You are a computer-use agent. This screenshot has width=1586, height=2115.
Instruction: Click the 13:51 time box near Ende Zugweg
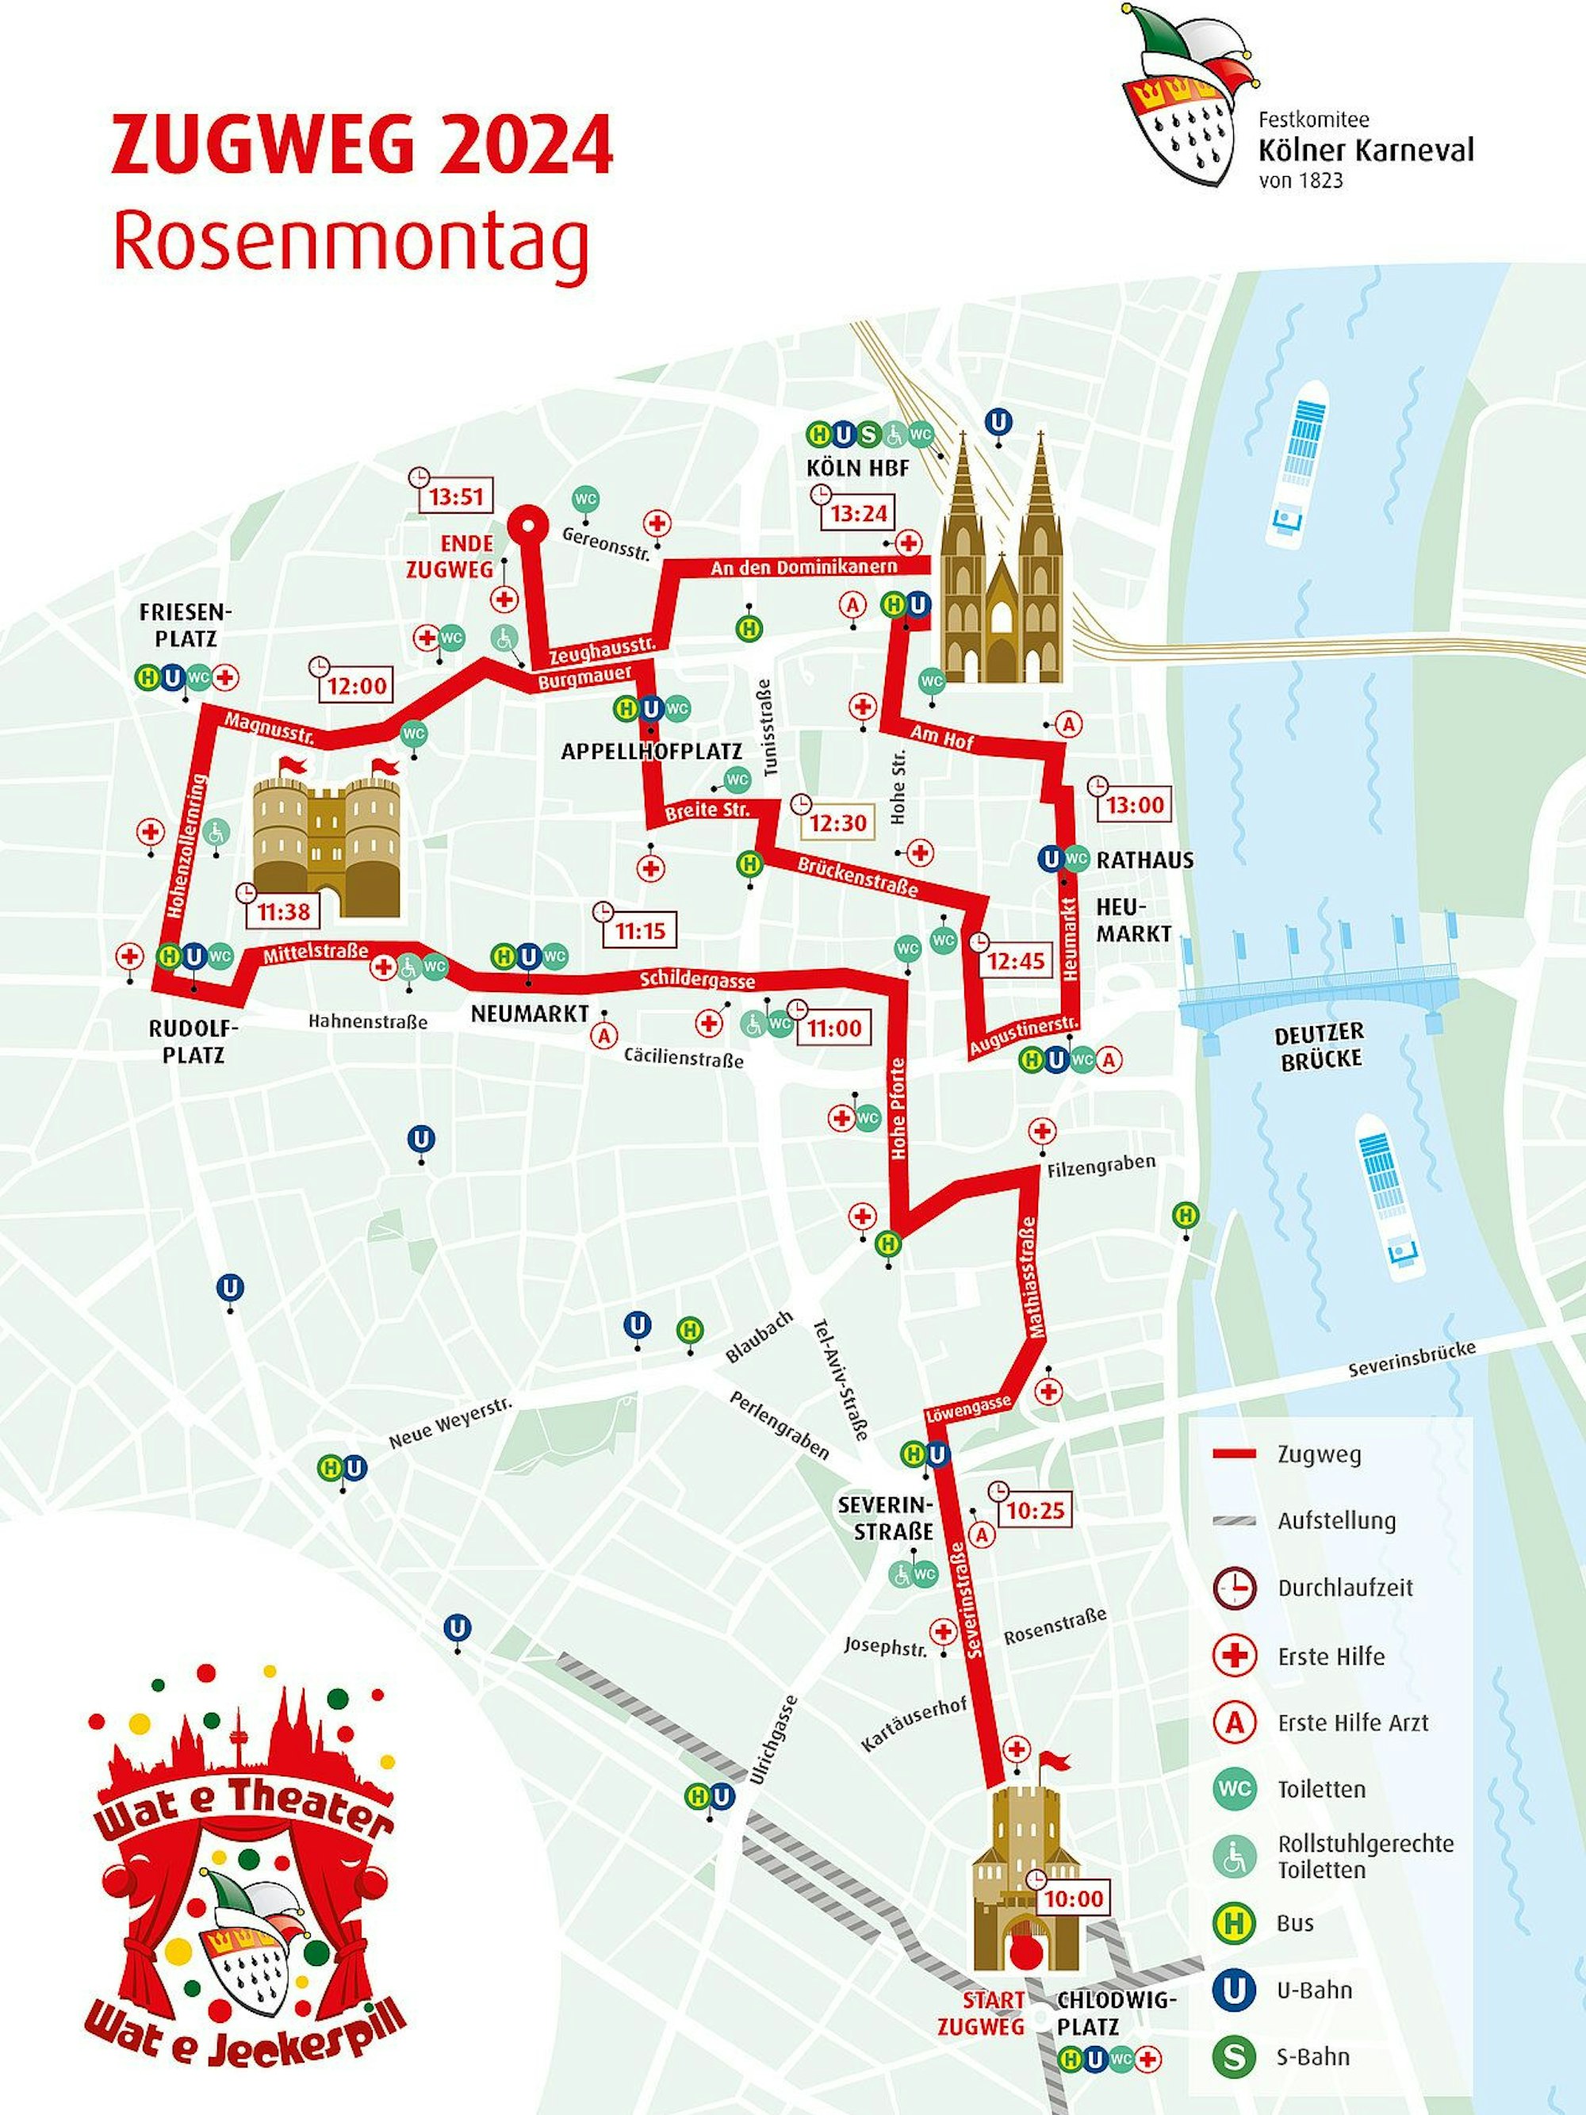pyautogui.click(x=456, y=497)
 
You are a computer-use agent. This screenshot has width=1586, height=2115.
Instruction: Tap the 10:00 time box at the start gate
pyautogui.click(x=1073, y=1898)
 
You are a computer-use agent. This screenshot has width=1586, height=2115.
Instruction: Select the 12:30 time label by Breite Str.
pyautogui.click(x=837, y=823)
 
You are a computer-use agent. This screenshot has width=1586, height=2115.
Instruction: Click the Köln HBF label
pyautogui.click(x=857, y=469)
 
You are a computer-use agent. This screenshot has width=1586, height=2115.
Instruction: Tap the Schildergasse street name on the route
pyautogui.click(x=697, y=979)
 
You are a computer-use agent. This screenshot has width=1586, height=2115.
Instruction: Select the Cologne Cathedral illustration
pyautogui.click(x=1001, y=573)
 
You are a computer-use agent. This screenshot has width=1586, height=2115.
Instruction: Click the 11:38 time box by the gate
pyautogui.click(x=282, y=911)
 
